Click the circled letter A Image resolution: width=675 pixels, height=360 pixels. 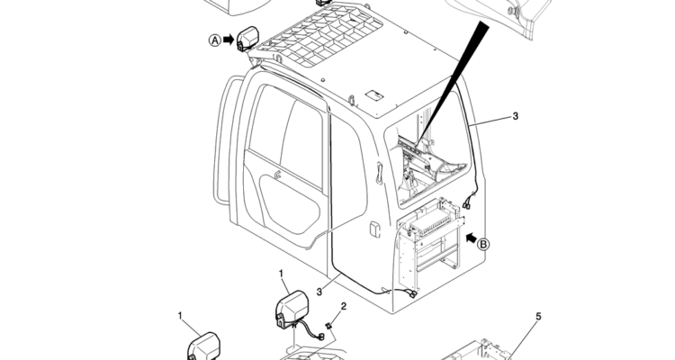[x=215, y=40]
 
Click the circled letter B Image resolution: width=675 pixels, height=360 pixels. [x=482, y=242]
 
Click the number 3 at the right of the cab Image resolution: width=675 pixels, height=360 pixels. [x=515, y=116]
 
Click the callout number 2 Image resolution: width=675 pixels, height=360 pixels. [x=343, y=307]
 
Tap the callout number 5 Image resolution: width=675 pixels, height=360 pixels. [x=539, y=317]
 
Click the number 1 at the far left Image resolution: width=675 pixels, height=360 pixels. [x=180, y=316]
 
